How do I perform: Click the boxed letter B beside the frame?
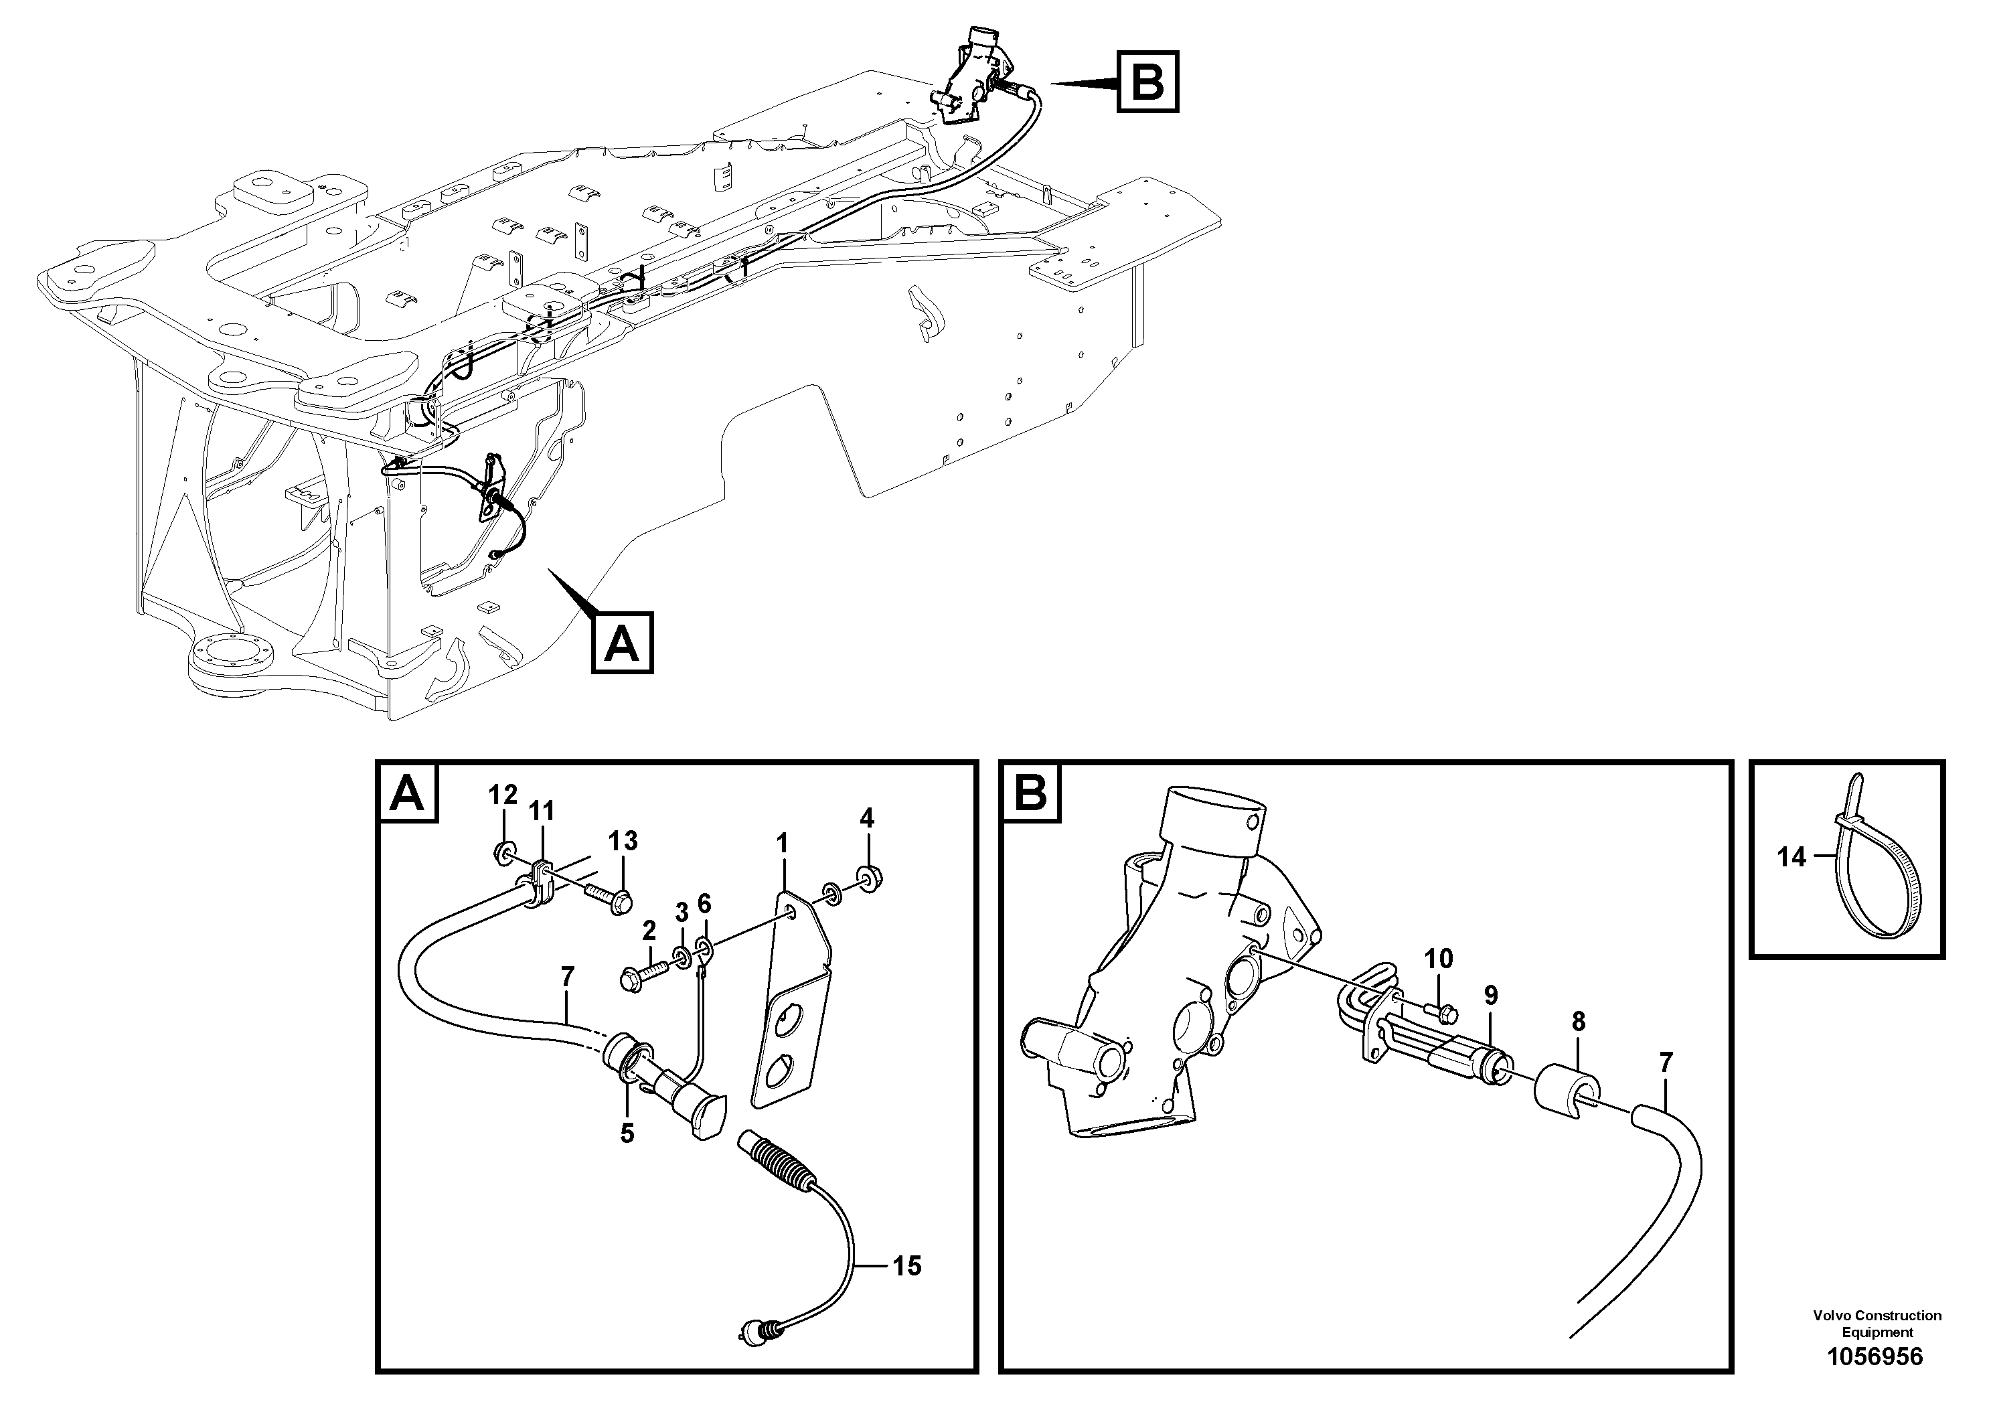click(x=1147, y=82)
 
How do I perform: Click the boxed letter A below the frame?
click(x=621, y=643)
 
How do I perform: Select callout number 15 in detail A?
click(x=906, y=1267)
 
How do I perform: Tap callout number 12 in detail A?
click(x=503, y=794)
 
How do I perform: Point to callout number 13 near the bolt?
click(x=623, y=840)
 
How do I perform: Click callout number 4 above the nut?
click(x=866, y=817)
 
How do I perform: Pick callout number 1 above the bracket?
click(x=782, y=843)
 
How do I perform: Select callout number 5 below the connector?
click(x=627, y=1133)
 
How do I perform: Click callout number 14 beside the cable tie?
click(x=1791, y=858)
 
